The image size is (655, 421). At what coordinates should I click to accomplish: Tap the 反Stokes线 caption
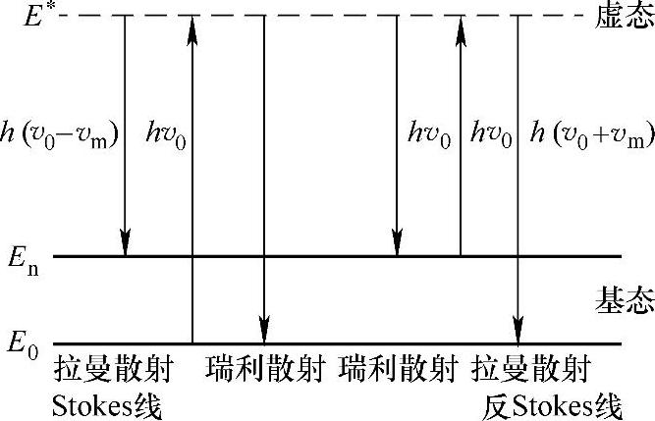(x=554, y=403)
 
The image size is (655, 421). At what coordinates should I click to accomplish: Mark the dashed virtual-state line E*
(x=324, y=17)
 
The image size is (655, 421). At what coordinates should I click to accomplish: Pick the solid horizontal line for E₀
(x=324, y=343)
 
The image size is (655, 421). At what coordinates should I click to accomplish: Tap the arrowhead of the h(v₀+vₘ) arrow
(x=518, y=331)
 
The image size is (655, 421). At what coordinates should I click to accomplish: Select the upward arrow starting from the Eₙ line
(x=460, y=137)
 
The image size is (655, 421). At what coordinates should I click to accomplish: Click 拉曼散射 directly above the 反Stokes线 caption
(x=532, y=371)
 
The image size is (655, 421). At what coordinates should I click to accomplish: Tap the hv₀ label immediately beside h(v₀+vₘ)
(x=493, y=133)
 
